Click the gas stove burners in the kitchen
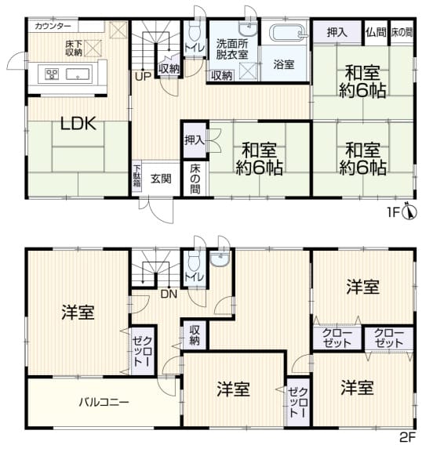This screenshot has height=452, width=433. point(53,74)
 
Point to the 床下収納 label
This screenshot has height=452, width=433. point(74,48)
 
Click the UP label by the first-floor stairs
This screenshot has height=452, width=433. point(143,76)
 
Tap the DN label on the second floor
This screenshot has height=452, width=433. point(167,295)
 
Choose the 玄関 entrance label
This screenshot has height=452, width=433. point(162,179)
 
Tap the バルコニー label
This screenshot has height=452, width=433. point(104,403)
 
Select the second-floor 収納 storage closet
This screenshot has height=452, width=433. point(195,334)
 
